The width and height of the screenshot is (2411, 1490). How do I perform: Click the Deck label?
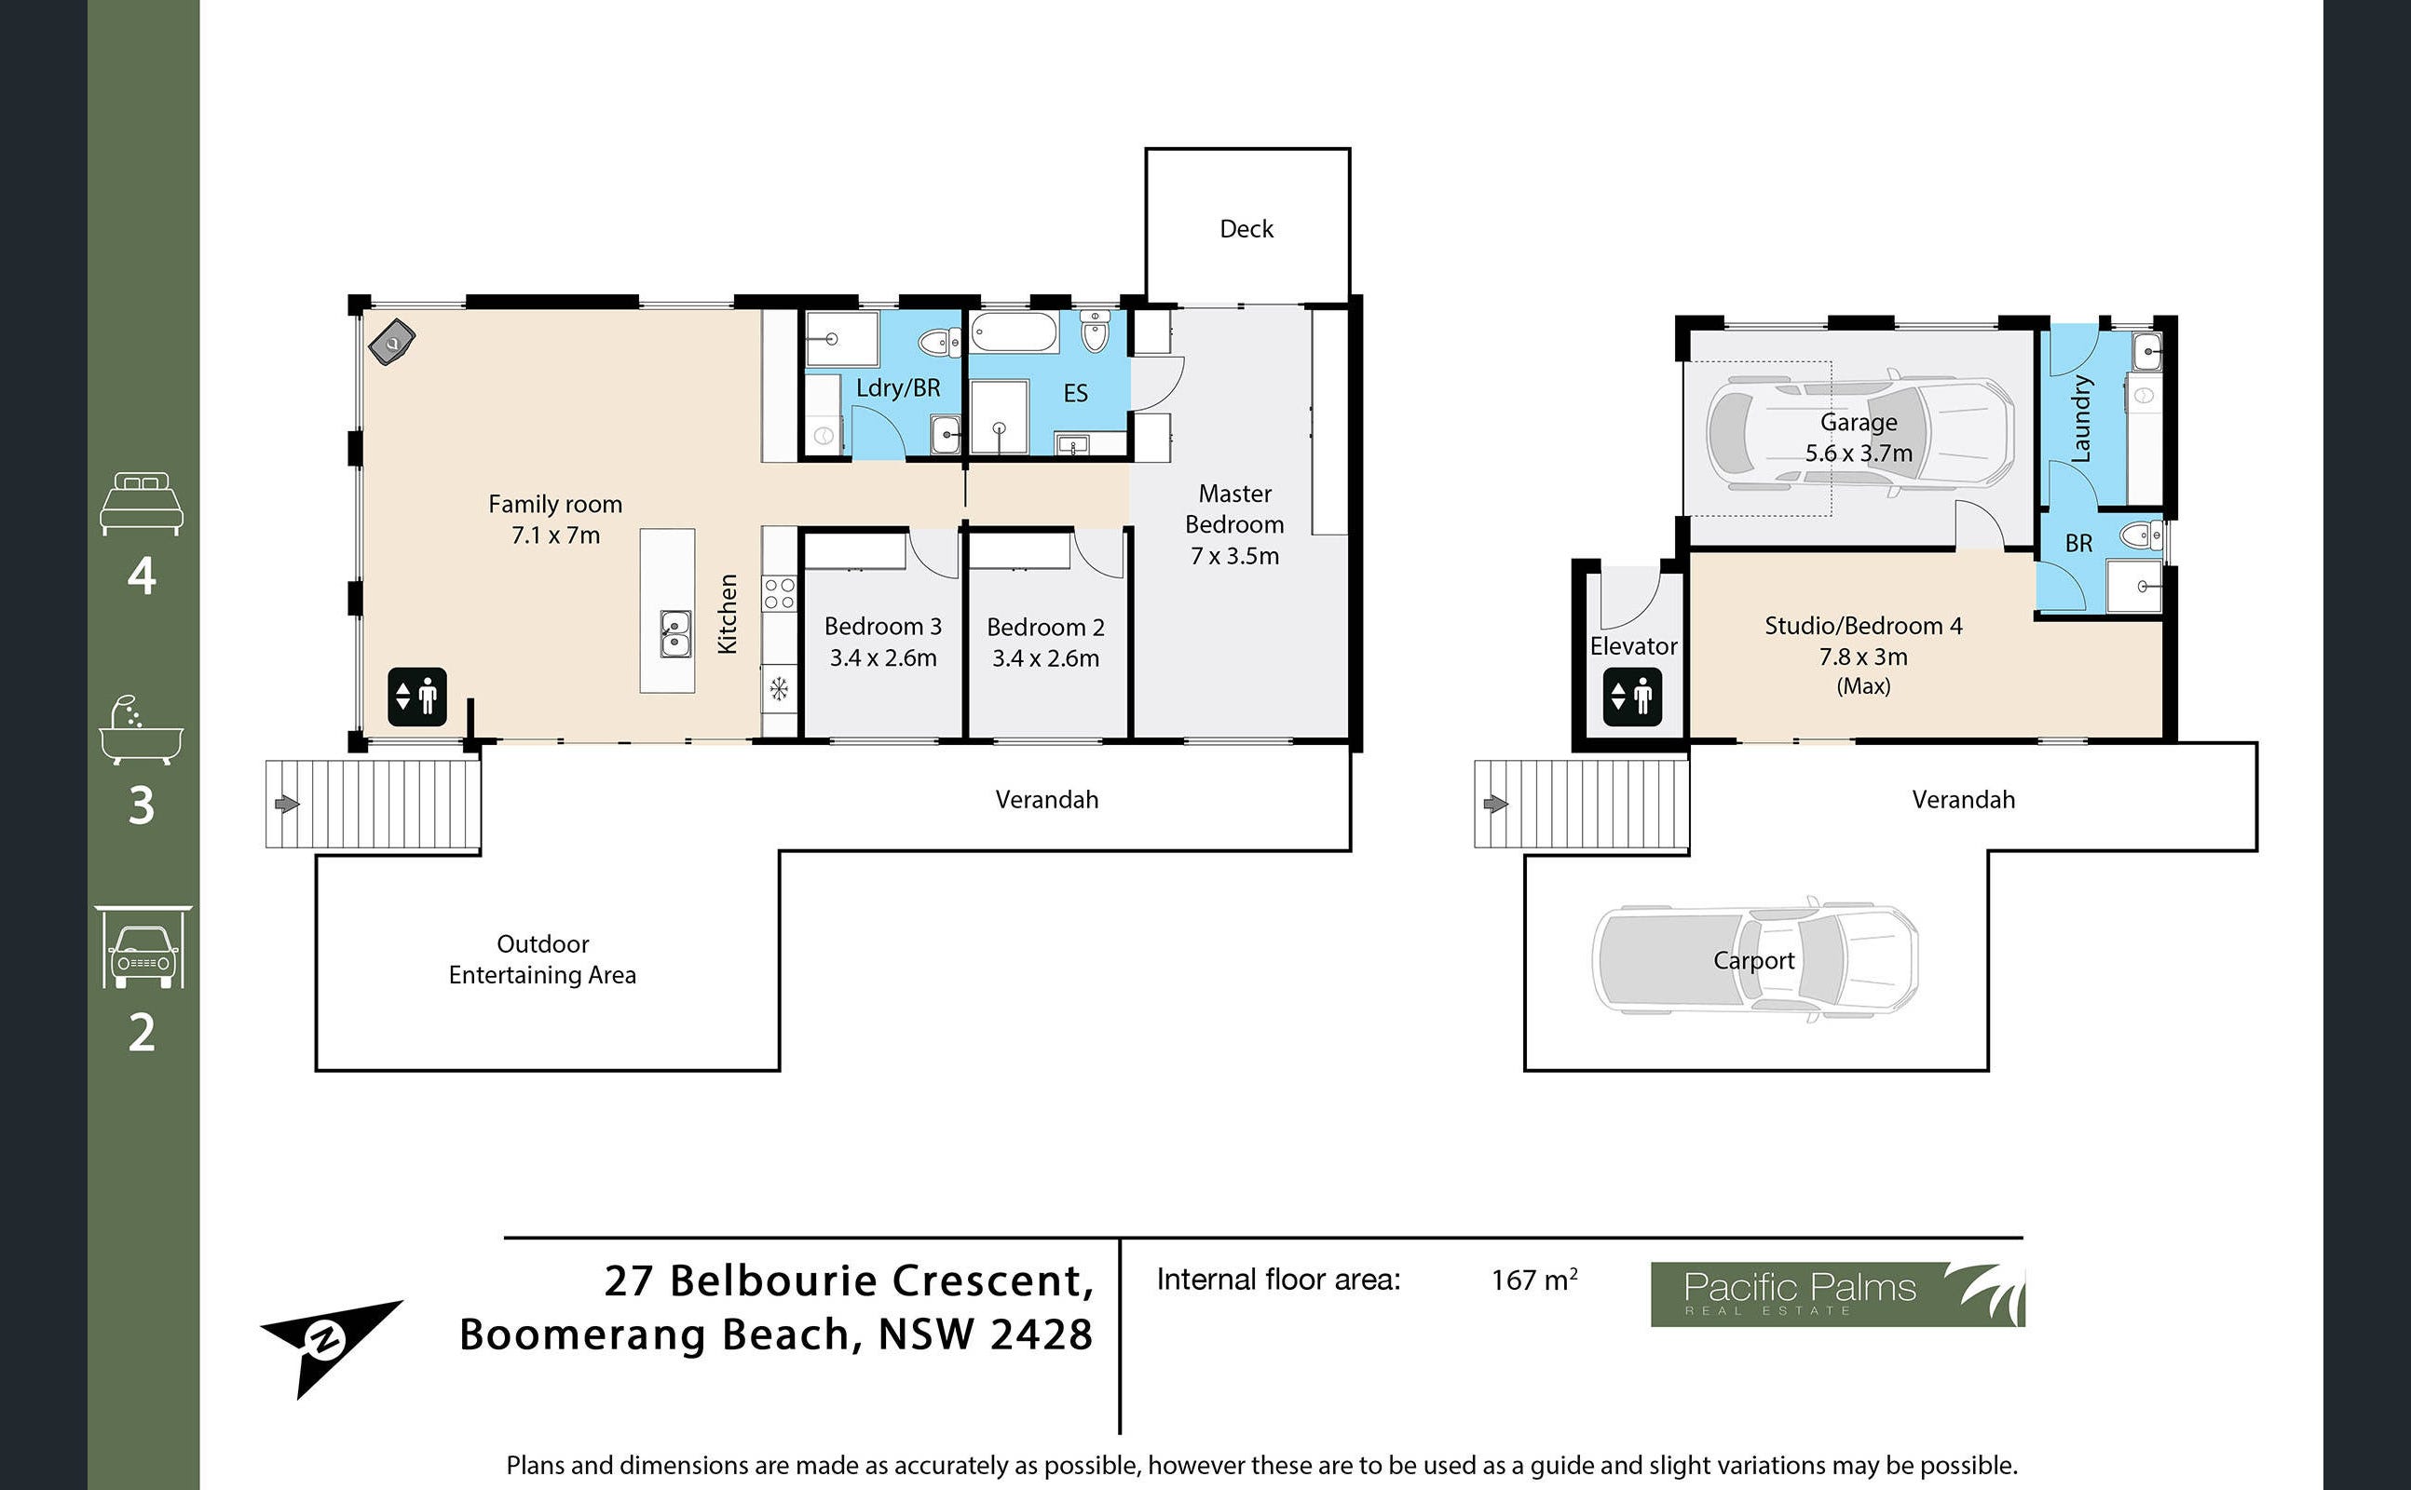tap(1246, 229)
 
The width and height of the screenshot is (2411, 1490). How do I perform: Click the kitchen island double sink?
tap(675, 633)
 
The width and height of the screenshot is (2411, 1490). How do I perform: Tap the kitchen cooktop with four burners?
tap(779, 593)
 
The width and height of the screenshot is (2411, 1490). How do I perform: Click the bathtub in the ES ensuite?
tap(1015, 332)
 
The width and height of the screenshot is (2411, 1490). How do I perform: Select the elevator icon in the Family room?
tap(417, 697)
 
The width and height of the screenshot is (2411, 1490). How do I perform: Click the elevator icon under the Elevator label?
tap(1632, 697)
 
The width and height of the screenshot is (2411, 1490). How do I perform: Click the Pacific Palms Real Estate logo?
tap(1837, 1294)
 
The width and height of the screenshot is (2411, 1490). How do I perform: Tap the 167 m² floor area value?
tap(1533, 1280)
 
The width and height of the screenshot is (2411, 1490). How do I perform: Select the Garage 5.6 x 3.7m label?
tap(1858, 438)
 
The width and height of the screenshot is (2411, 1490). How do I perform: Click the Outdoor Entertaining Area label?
tap(542, 959)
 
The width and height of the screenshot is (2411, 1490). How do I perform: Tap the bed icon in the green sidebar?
tap(142, 504)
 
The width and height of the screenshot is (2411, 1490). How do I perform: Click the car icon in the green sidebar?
tap(143, 946)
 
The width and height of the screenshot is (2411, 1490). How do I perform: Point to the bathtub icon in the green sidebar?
tap(141, 730)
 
